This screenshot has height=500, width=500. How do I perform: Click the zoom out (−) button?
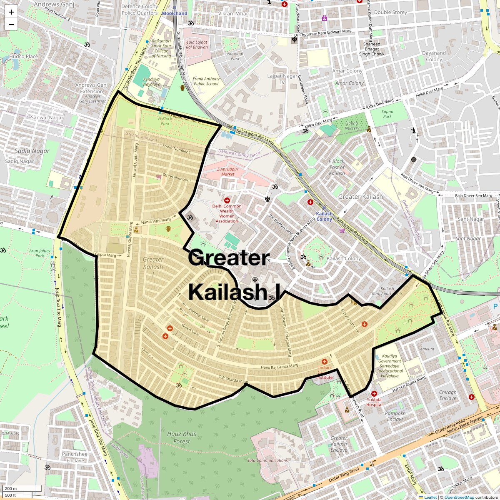[x=11, y=24]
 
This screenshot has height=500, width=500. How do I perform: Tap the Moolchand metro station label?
[x=175, y=13]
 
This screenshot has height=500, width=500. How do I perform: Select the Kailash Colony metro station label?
[x=324, y=216]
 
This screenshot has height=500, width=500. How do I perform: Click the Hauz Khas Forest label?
[x=182, y=437]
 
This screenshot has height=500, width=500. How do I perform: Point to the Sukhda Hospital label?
[x=374, y=402]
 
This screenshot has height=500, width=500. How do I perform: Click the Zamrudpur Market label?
[x=228, y=171]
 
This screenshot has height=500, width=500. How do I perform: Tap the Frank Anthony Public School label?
[x=206, y=81]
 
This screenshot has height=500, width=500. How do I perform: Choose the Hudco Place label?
[x=23, y=56]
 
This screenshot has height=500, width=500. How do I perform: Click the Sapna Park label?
[x=387, y=114]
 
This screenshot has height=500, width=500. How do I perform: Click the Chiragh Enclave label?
[x=447, y=395]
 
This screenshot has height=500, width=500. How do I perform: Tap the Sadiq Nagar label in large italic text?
[x=32, y=151]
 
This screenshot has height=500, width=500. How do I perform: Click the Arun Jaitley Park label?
[x=40, y=253]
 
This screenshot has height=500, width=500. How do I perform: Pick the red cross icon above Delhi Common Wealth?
[x=227, y=201]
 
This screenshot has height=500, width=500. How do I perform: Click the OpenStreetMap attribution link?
[x=459, y=497]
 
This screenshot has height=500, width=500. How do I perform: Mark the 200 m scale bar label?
[x=11, y=489]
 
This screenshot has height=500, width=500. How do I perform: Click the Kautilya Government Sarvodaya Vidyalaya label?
[x=390, y=366]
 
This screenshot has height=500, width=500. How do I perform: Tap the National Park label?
[x=235, y=56]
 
